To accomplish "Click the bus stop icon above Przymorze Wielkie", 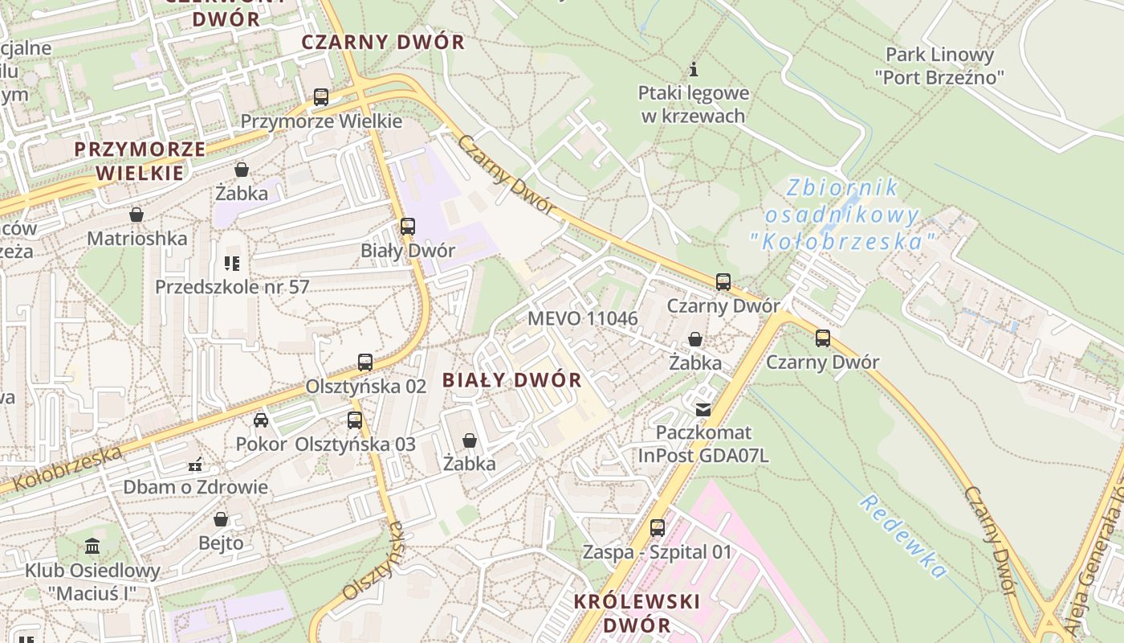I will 321,97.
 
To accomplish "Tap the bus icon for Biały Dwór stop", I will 408,227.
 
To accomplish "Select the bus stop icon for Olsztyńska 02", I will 365,362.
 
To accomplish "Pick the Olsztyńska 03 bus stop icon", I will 354,420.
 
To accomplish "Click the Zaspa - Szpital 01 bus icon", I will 658,528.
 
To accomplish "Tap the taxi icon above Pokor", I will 261,420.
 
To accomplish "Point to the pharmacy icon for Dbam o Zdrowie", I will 194,465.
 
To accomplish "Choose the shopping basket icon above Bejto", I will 221,519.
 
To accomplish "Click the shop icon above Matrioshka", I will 136,215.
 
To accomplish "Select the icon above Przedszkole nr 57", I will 232,263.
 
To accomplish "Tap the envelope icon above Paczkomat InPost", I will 703,410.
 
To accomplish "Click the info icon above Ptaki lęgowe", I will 694,69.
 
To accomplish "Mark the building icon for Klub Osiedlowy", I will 92,547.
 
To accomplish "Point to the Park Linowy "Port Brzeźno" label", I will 939,66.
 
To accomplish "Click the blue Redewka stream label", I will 904,536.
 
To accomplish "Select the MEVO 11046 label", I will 582,318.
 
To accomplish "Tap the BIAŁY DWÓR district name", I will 512,380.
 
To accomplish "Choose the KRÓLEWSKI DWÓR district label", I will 637,612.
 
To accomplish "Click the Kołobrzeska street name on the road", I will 68,469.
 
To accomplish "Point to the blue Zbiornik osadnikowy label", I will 842,214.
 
